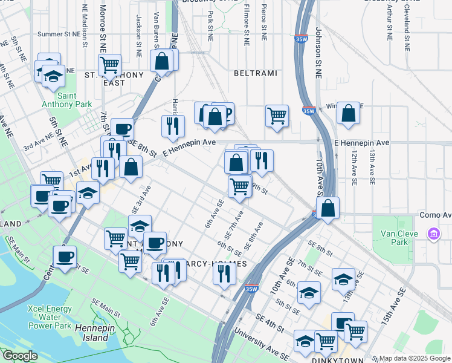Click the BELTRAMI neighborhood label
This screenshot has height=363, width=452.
[x=256, y=73]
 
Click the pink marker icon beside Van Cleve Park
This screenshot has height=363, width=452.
[x=433, y=234]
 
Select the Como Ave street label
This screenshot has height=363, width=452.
[x=435, y=215]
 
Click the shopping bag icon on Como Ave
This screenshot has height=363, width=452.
[x=328, y=208]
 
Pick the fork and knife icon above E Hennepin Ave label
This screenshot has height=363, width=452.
[x=173, y=125]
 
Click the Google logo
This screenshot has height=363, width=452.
[x=20, y=356]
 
